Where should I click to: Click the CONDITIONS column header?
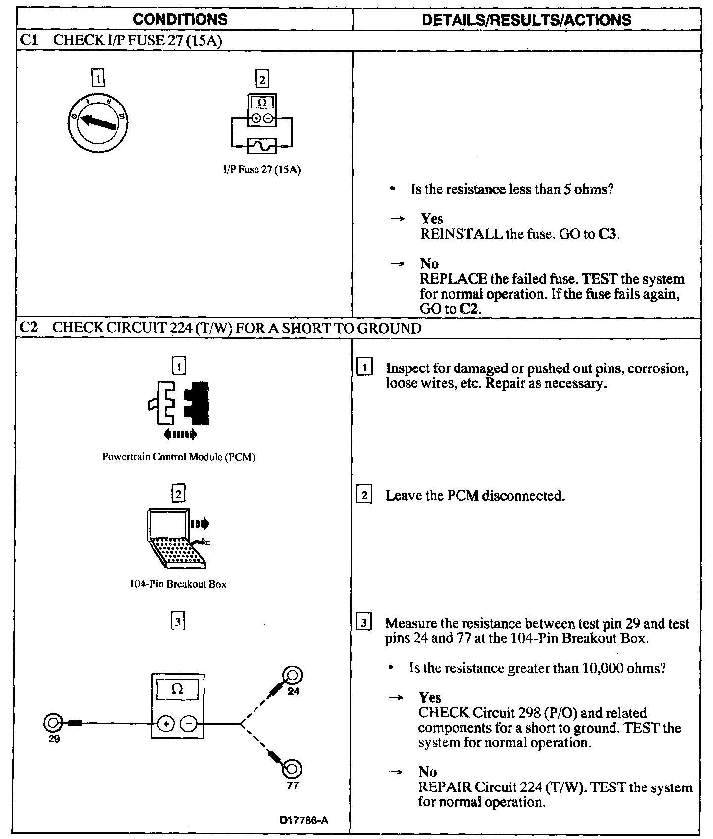point(180,20)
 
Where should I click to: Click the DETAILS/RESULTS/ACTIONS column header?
point(526,20)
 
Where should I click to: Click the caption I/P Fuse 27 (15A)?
point(261,170)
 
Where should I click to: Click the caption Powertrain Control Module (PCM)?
point(179,457)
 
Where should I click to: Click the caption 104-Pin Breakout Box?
point(178,584)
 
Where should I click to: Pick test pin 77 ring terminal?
point(292,769)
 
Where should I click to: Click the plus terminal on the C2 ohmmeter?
point(166,724)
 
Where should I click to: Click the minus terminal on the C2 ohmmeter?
point(188,724)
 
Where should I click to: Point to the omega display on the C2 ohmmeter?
point(177,689)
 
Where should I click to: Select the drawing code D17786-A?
point(304,820)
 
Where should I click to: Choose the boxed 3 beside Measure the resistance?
point(364,623)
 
